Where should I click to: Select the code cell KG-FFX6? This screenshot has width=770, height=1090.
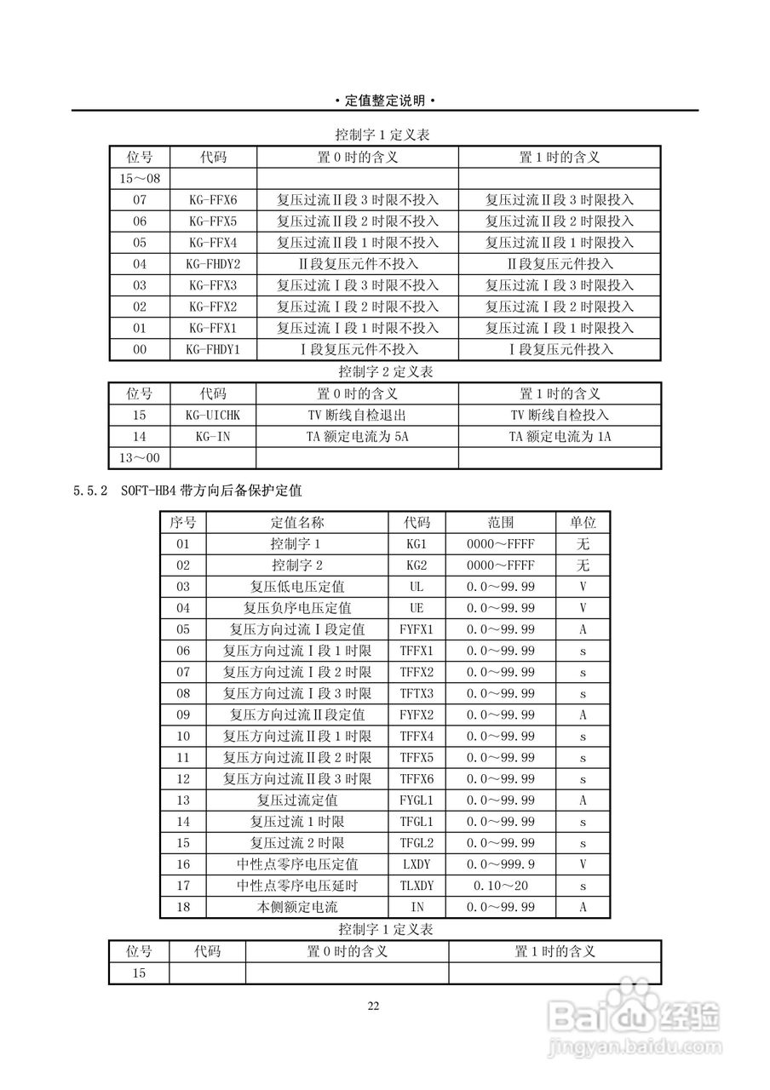click(212, 200)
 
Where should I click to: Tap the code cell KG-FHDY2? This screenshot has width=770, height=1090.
click(212, 264)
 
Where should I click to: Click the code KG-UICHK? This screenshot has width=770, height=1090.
click(212, 416)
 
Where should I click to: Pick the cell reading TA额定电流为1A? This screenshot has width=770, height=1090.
click(560, 437)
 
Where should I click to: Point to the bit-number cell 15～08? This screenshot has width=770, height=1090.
click(140, 179)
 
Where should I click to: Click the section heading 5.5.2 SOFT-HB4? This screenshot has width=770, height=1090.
click(187, 491)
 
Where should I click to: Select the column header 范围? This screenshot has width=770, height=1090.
click(501, 522)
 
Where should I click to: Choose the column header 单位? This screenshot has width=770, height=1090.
click(583, 522)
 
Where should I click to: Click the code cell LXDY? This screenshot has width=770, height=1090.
click(417, 864)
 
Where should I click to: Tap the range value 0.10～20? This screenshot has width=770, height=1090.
click(501, 886)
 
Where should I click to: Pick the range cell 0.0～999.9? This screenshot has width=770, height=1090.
click(501, 864)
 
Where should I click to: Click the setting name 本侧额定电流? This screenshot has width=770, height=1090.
click(297, 907)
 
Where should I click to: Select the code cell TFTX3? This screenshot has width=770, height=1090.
click(417, 693)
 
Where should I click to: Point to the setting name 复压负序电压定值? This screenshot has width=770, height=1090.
click(297, 608)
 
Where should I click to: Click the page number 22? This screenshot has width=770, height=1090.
click(373, 1006)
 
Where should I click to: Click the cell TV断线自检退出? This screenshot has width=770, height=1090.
click(357, 416)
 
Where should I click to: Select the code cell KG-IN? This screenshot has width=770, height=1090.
click(212, 437)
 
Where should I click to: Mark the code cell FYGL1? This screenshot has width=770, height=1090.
click(417, 800)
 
